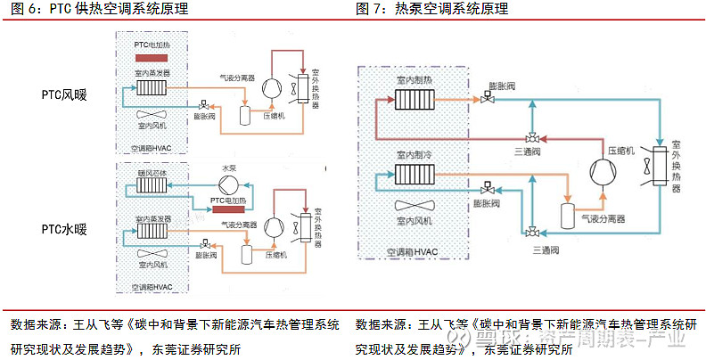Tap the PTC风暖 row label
[x=64, y=94]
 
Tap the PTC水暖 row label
[x=64, y=229]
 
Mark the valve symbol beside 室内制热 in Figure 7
[x=488, y=100]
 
